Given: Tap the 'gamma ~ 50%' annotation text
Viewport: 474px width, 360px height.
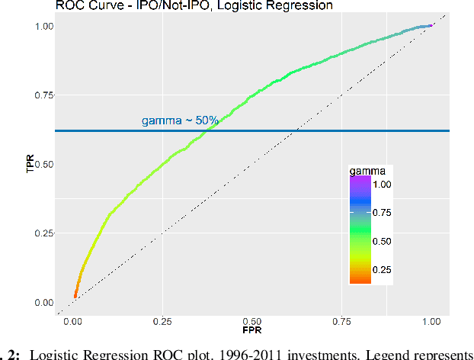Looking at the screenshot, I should click(x=181, y=121).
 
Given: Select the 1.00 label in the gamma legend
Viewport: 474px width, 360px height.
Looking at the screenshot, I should click(x=382, y=185).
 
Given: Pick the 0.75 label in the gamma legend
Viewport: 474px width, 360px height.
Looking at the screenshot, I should click(x=382, y=213).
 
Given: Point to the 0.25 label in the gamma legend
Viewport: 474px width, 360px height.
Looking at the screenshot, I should click(x=382, y=269).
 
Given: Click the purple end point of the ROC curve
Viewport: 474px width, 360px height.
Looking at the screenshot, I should click(x=431, y=26).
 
